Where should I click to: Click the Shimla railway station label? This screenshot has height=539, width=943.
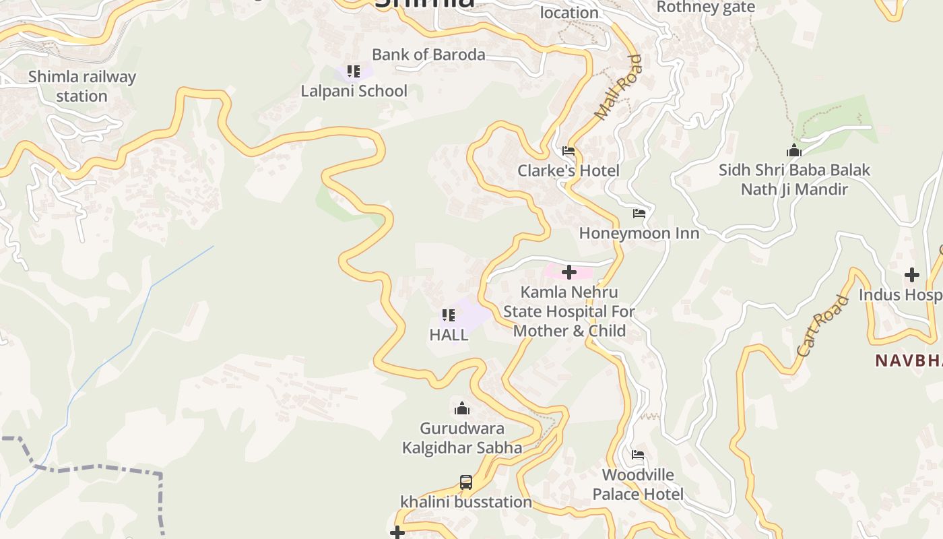(x=82, y=86)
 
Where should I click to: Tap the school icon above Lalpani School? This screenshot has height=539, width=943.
(x=354, y=71)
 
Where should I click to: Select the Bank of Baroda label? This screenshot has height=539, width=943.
(x=428, y=55)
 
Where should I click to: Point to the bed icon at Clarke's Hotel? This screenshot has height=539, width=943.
(x=568, y=151)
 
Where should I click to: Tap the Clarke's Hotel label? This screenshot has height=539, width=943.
(x=568, y=170)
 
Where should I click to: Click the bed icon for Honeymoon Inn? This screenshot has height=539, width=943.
(x=639, y=214)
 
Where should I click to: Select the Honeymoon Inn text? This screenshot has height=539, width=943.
(x=639, y=233)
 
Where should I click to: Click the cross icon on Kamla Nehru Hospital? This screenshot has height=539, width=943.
(x=569, y=272)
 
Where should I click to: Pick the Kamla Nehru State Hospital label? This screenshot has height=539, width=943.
(x=569, y=311)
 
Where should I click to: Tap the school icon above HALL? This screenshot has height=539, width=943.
(x=449, y=315)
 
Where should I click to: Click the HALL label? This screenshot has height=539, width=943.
(x=449, y=335)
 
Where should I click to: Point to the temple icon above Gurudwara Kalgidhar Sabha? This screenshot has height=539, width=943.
(x=462, y=408)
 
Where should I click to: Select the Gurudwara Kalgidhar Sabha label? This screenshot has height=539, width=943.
(x=462, y=438)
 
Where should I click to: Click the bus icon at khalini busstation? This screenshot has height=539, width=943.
(x=466, y=482)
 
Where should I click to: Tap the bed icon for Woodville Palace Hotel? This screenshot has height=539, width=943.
(x=638, y=455)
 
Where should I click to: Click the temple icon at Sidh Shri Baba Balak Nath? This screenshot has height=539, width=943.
(x=794, y=150)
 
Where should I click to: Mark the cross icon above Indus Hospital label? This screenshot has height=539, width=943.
(x=912, y=275)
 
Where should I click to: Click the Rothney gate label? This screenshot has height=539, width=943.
(x=705, y=7)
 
